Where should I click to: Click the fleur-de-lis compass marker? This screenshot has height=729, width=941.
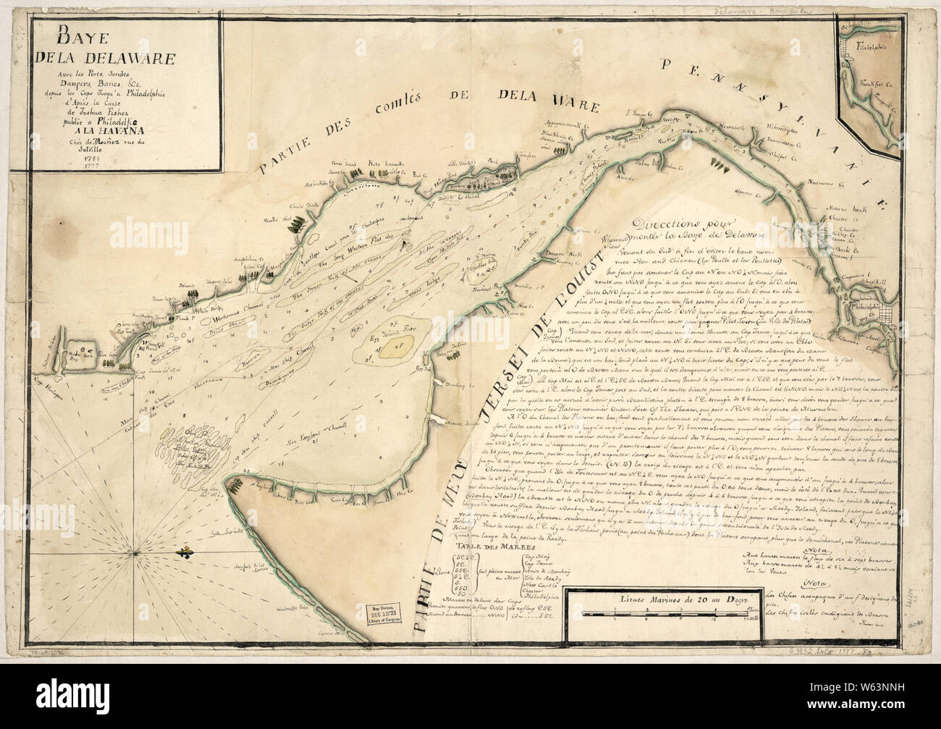[x=185, y=554]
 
